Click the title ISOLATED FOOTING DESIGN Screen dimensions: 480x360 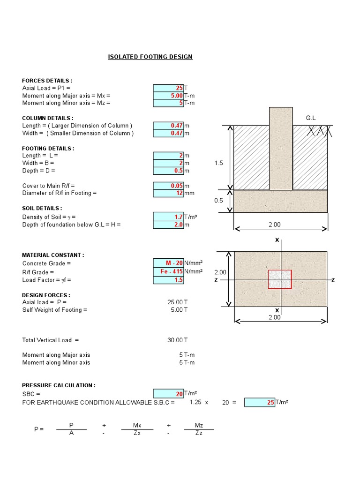point(150,57)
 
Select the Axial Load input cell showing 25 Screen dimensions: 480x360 point(168,88)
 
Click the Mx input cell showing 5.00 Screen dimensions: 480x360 point(168,96)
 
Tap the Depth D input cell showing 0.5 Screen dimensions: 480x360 point(168,171)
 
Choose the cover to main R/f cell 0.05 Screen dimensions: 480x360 point(168,186)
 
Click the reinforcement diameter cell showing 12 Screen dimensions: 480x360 point(168,193)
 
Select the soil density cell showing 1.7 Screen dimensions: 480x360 point(168,217)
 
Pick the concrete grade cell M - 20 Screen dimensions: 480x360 point(168,263)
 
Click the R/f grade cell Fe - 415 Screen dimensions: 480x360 point(168,272)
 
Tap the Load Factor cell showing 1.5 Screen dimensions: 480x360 point(168,280)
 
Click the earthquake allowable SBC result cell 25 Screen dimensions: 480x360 point(260,402)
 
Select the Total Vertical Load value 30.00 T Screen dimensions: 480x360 point(178,340)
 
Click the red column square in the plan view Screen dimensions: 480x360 point(279,279)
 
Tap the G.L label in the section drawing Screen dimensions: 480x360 point(311,118)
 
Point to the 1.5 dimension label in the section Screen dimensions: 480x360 point(219,163)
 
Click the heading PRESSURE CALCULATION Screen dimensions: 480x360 point(59,385)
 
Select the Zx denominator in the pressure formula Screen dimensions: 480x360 point(136,434)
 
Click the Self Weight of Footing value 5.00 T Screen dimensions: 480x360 point(179,310)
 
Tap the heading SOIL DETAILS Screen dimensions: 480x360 point(42,208)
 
